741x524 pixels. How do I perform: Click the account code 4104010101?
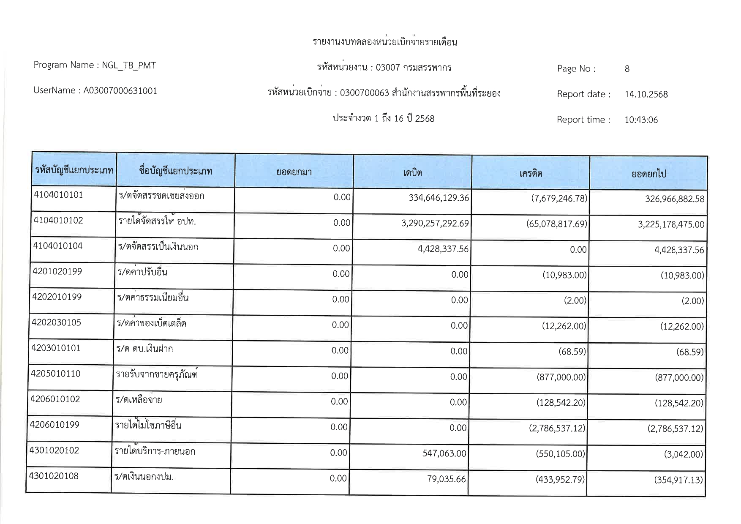tap(58, 195)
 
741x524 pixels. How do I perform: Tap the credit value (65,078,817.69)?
tap(556, 224)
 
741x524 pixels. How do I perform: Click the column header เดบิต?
tap(412, 172)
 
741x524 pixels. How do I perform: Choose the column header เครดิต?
tap(531, 173)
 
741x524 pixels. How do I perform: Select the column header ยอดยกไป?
tap(648, 174)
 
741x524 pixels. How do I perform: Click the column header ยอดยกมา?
tap(294, 172)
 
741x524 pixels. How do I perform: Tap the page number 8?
tap(627, 69)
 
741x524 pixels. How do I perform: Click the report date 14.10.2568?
tap(646, 94)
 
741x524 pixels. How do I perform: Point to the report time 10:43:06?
tap(641, 120)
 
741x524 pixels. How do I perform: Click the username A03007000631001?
tap(120, 91)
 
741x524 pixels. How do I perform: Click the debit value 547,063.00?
tap(444, 453)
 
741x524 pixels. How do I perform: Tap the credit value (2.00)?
tap(575, 300)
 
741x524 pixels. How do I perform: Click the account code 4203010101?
tap(56, 348)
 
